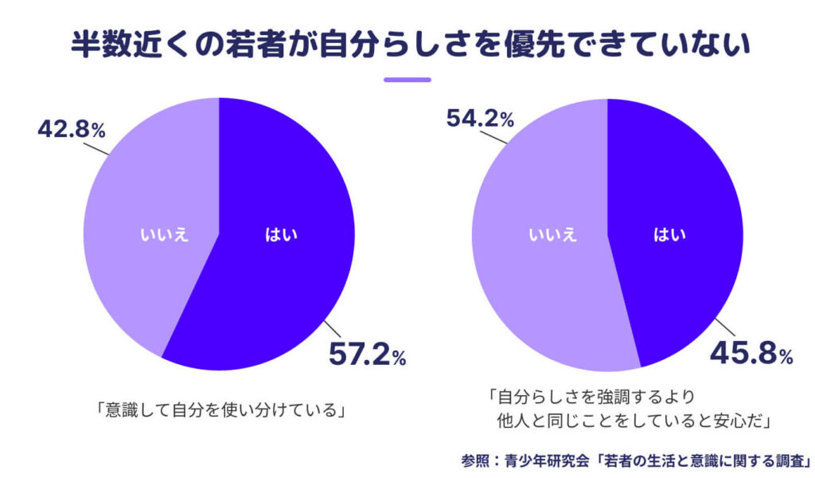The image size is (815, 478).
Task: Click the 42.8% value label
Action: pos(72,129)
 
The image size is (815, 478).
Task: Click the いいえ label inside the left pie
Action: pos(166,234)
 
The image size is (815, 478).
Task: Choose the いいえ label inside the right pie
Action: pos(554,234)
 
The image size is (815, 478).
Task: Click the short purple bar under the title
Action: pos(407,80)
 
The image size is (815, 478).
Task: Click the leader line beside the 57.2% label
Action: pos(335,330)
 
